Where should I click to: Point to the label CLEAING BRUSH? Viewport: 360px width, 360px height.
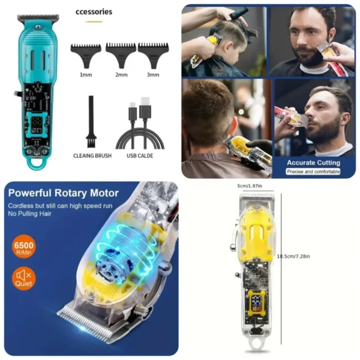click(x=92, y=156)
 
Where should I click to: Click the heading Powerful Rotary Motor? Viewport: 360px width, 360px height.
click(x=63, y=193)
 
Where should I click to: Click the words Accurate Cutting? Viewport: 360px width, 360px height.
click(x=313, y=163)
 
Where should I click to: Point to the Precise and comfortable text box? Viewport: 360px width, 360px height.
click(x=313, y=172)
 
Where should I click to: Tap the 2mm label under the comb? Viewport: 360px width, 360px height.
click(x=122, y=75)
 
